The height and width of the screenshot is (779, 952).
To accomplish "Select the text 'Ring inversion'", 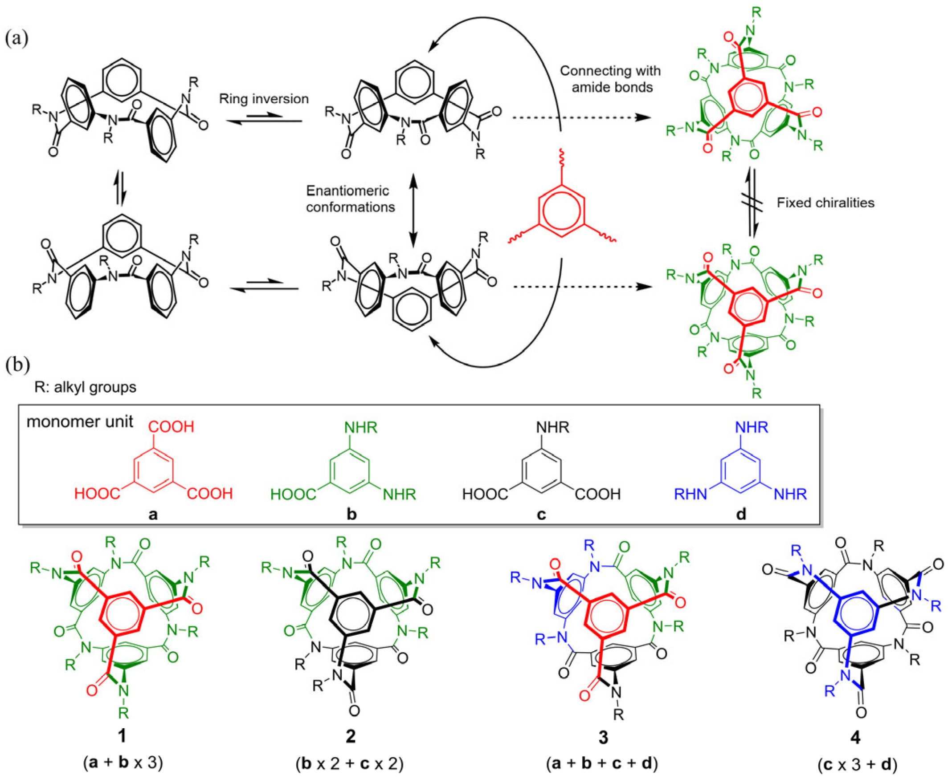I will tap(264, 99).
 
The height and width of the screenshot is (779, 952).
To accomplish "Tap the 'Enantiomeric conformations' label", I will tap(350, 199).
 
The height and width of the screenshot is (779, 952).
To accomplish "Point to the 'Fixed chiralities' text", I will tap(825, 203).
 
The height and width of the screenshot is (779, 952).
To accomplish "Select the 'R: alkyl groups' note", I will tap(86, 386).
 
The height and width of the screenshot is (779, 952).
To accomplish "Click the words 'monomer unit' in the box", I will tap(79, 422).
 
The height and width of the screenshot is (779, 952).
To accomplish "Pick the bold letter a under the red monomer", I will tap(153, 514).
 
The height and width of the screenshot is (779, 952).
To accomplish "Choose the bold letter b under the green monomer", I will tap(351, 514).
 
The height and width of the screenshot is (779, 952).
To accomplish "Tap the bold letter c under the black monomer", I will tap(542, 514).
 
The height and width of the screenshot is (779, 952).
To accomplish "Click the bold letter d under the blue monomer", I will tap(741, 514).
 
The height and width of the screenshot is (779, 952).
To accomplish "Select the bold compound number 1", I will tap(122, 736).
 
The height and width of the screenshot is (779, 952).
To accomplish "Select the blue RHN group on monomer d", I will tap(690, 495).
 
